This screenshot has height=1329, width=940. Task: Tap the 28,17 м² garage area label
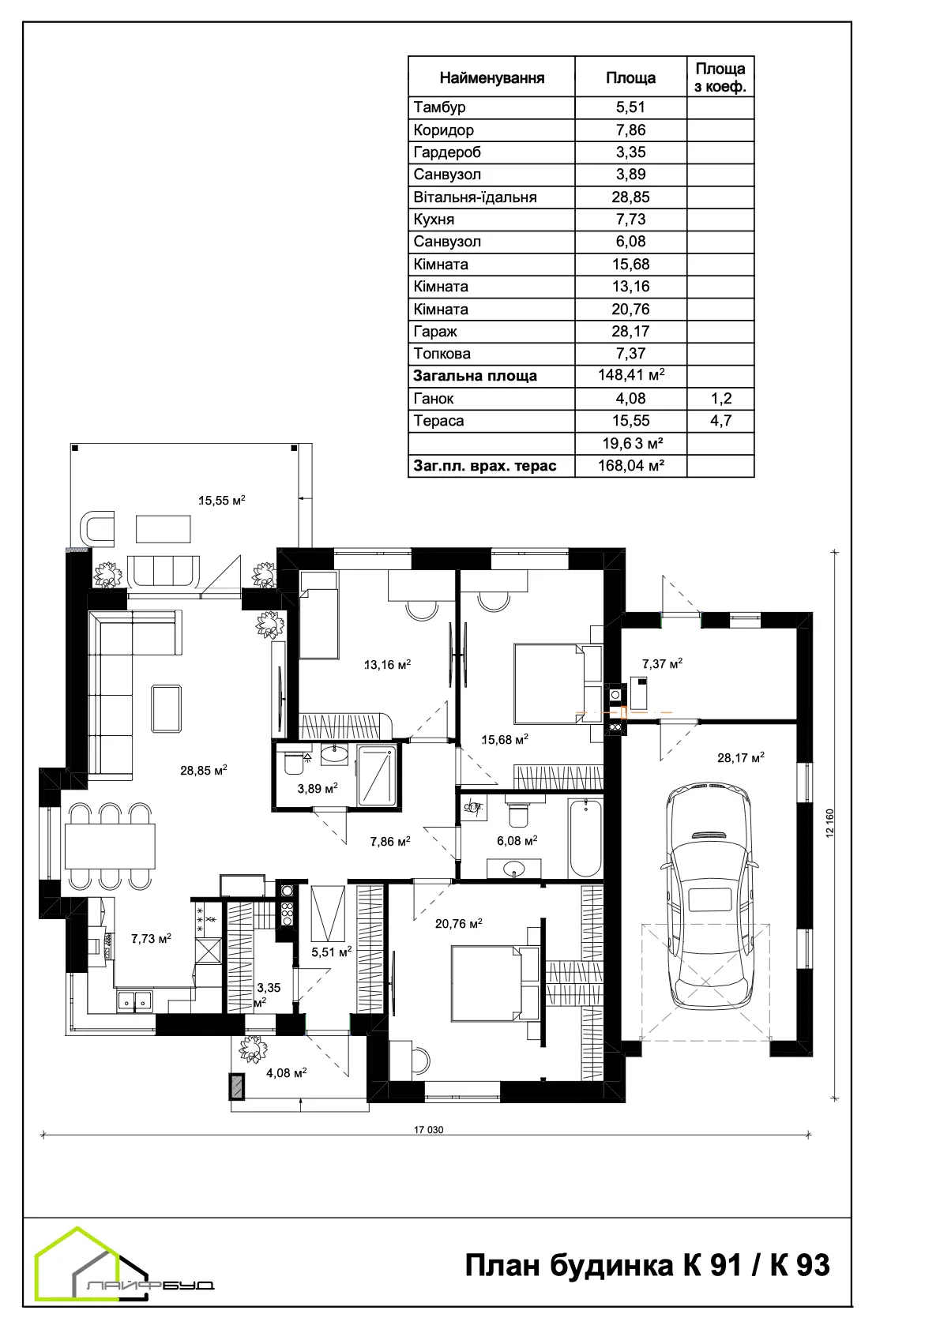pos(741,757)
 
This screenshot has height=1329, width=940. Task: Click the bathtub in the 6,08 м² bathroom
pos(585,838)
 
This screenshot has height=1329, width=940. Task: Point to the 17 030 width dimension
pos(428,1130)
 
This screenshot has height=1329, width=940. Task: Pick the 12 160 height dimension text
pos(829,824)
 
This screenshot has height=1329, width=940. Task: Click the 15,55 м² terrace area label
pos(222,500)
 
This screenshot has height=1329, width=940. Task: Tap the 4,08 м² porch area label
pos(286,1072)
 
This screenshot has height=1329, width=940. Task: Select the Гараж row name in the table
pos(435,331)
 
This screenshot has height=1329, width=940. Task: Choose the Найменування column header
pos(492,77)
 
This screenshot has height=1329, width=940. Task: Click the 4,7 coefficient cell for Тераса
pos(720,421)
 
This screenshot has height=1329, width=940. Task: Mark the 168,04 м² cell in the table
pos(631,465)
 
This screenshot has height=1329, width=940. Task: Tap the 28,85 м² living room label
pos(204,771)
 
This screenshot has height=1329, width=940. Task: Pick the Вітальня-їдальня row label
pos(475,197)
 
